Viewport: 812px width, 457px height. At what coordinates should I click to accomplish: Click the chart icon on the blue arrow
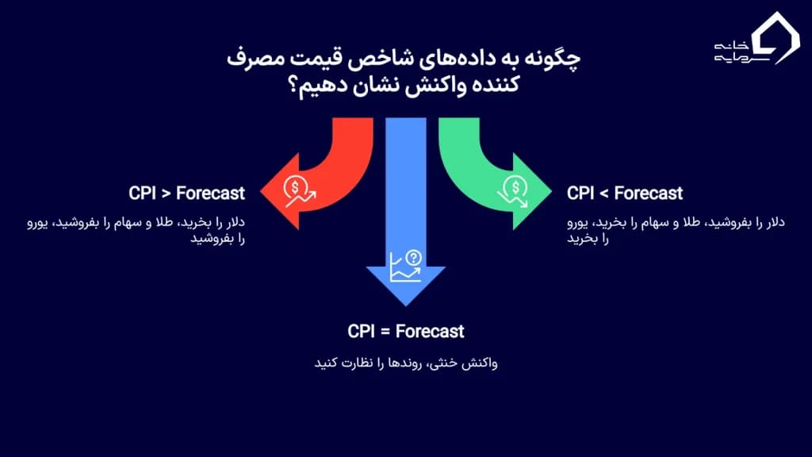(405, 267)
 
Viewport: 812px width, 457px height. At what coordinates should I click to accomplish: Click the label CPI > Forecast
(186, 193)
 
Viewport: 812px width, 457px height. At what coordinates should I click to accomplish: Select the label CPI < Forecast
(625, 193)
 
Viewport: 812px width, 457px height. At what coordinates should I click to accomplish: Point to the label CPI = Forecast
(406, 331)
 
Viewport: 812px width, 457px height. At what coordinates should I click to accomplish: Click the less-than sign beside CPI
(603, 193)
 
